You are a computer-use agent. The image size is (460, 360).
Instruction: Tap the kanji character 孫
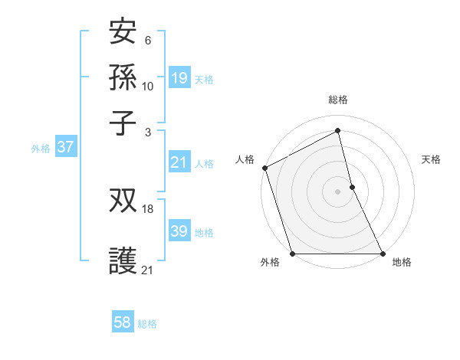coord(123,79)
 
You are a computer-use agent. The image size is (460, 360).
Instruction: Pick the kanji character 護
coord(123,260)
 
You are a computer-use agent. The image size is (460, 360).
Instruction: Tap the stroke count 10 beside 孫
coord(148,87)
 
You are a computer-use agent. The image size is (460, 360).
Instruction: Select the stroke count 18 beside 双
coord(148,209)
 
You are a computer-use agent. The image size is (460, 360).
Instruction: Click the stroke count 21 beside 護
coord(148,269)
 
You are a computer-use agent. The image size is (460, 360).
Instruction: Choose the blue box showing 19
coord(179,78)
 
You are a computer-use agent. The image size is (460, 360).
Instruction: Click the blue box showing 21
coord(179,162)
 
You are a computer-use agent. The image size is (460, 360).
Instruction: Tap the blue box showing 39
coord(179,231)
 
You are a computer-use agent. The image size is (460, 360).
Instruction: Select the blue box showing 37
coord(65,148)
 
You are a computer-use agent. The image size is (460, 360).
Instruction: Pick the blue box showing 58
coord(122,322)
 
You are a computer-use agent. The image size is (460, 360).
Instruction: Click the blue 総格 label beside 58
coord(147,324)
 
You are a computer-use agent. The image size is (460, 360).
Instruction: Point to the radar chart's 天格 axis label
coord(431,159)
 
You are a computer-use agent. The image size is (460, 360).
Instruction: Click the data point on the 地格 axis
coord(383,253)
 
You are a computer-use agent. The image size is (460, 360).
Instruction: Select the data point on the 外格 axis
coord(292,253)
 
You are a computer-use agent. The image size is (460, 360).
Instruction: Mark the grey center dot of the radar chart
coord(337,191)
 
